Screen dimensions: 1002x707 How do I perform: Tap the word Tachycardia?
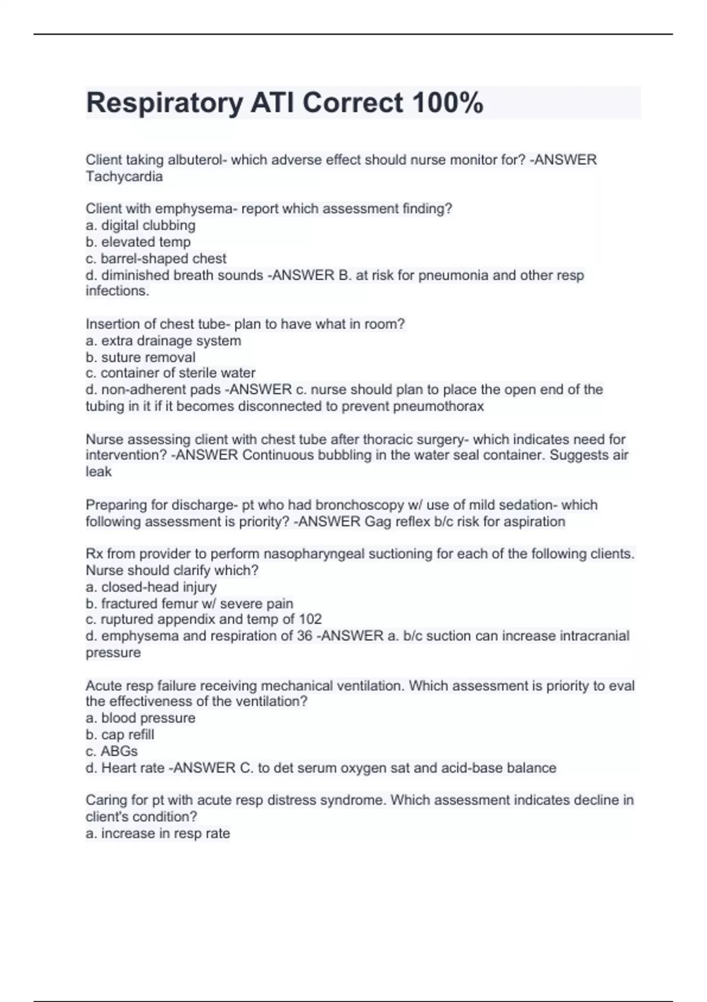click(x=124, y=176)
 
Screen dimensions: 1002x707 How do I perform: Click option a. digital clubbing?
click(x=141, y=225)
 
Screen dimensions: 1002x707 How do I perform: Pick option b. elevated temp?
click(x=138, y=242)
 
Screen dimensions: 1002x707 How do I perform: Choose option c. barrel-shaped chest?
click(x=156, y=258)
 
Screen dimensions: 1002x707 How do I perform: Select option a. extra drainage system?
click(x=164, y=341)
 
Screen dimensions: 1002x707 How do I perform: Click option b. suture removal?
click(x=141, y=357)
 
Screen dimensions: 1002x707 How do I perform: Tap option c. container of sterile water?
click(x=171, y=373)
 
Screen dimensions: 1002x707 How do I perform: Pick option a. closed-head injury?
click(x=151, y=587)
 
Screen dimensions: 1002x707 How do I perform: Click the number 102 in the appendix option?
click(x=310, y=619)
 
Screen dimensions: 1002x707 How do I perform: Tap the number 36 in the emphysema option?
click(x=305, y=636)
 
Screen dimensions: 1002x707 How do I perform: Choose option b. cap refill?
click(x=120, y=734)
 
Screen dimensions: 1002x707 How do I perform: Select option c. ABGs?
click(x=112, y=751)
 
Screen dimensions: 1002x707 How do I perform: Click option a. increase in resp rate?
click(x=158, y=833)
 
